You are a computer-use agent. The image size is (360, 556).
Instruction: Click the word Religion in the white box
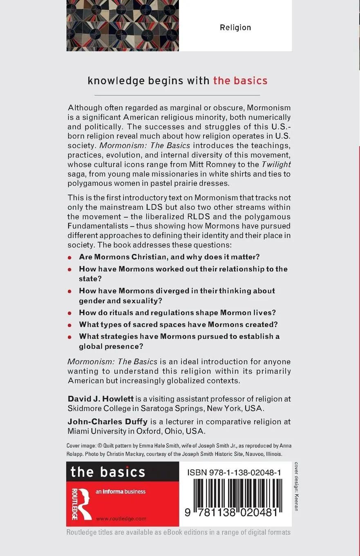click(x=235, y=28)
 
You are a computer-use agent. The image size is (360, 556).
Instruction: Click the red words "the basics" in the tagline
click(x=240, y=81)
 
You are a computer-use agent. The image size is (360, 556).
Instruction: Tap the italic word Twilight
click(x=276, y=164)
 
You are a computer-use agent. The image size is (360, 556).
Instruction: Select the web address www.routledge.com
click(x=121, y=519)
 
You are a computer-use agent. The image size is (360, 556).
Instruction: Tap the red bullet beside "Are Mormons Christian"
click(x=70, y=258)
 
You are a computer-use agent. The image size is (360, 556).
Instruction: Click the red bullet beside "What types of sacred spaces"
click(x=70, y=325)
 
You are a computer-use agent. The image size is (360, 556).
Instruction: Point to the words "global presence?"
click(x=111, y=346)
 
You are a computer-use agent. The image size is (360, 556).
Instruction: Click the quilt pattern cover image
click(x=123, y=25)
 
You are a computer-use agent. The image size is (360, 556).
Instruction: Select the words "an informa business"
click(x=121, y=492)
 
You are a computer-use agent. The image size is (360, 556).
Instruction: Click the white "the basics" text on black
click(x=107, y=472)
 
